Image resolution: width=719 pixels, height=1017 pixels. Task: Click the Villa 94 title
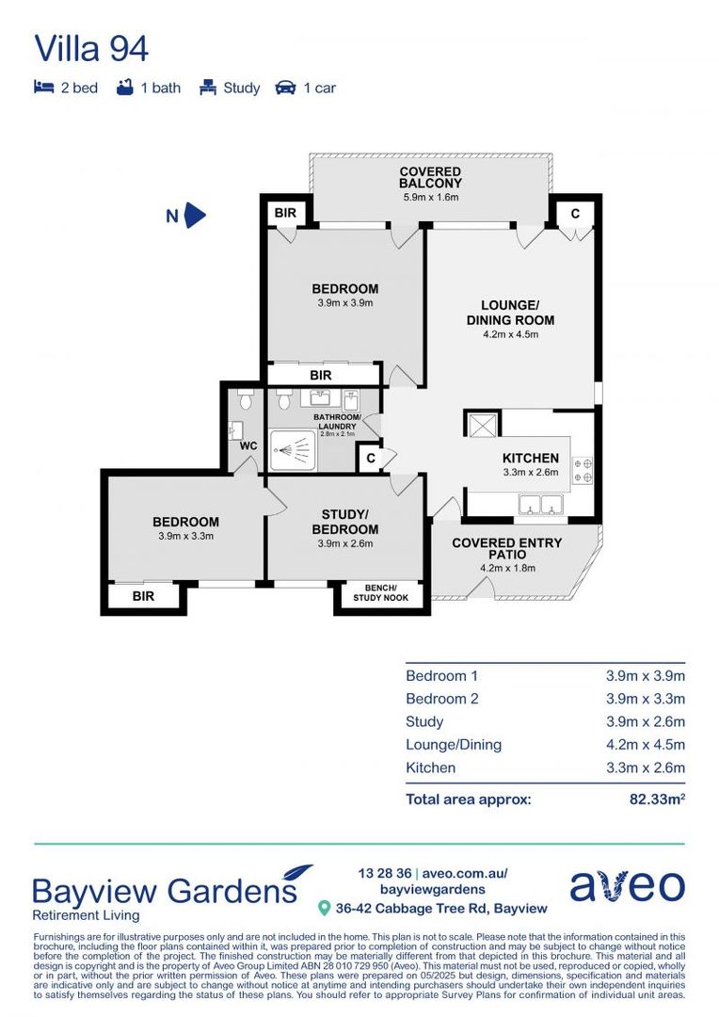tap(91, 48)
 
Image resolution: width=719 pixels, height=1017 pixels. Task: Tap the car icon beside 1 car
tap(284, 88)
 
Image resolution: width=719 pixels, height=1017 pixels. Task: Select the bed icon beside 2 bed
tap(43, 88)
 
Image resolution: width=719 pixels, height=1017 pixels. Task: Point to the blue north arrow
tap(195, 216)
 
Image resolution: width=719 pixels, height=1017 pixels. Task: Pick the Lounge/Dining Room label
tap(509, 313)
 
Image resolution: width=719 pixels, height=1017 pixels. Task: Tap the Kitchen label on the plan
tap(531, 459)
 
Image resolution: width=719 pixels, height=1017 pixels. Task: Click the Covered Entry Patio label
tap(506, 549)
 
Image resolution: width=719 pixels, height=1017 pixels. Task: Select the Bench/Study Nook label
tap(380, 592)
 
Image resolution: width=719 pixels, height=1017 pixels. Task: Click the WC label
tap(248, 445)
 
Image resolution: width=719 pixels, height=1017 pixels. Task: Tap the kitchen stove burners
tap(583, 470)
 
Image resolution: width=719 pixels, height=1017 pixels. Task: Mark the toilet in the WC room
tap(247, 399)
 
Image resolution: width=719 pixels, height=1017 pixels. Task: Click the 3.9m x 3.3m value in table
tap(645, 699)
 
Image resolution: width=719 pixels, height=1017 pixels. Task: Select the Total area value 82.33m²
tap(657, 799)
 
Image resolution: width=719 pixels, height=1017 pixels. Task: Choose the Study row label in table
tap(424, 721)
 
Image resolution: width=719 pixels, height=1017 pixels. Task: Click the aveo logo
tap(627, 886)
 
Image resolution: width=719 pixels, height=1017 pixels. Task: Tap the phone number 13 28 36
tap(385, 873)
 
